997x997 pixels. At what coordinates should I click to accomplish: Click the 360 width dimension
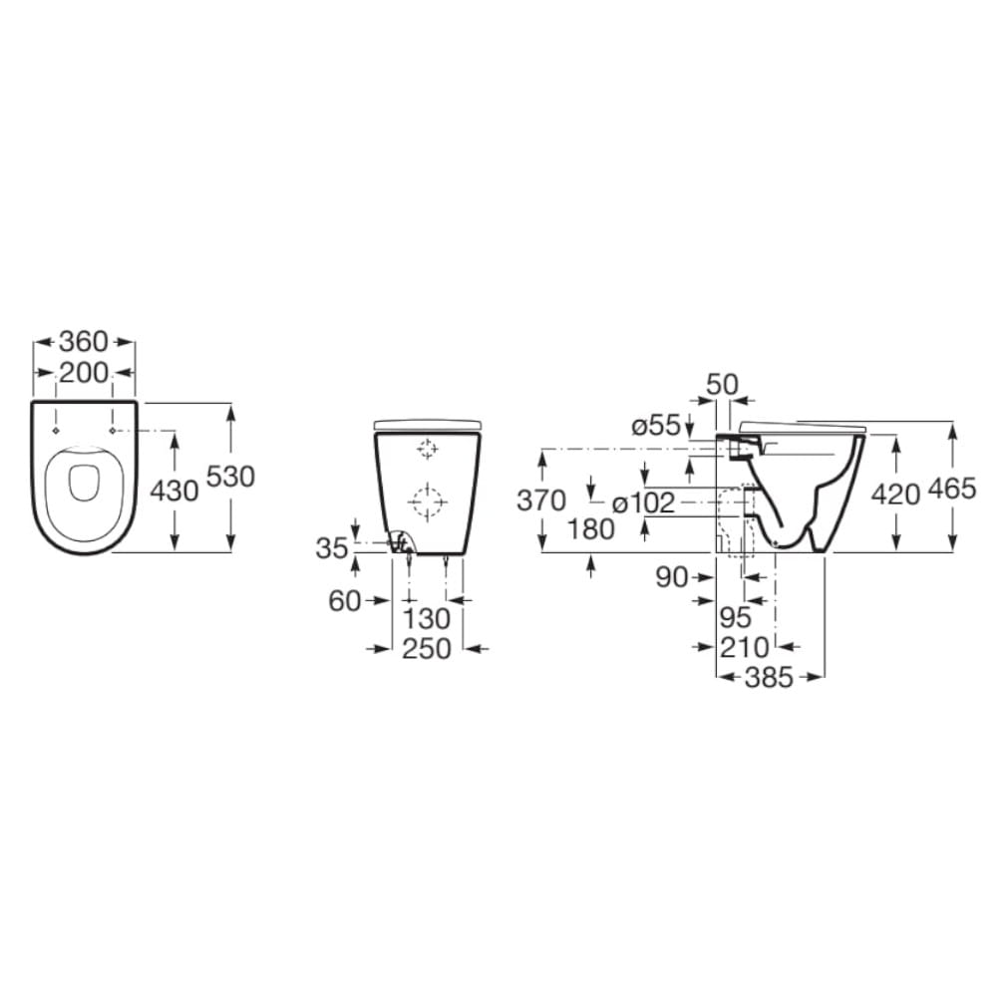[84, 342]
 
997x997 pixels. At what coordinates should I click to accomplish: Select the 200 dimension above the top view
[84, 373]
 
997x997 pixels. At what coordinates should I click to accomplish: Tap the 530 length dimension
[230, 477]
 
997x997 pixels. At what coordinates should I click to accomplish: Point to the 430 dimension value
[174, 491]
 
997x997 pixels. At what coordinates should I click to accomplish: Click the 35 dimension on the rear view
[333, 547]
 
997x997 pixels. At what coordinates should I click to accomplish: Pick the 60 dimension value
[345, 601]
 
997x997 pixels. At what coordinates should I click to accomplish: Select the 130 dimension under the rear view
[427, 618]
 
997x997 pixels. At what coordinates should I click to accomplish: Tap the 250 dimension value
[427, 649]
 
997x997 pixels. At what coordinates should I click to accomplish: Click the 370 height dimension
[541, 500]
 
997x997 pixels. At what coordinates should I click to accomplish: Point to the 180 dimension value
[591, 529]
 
